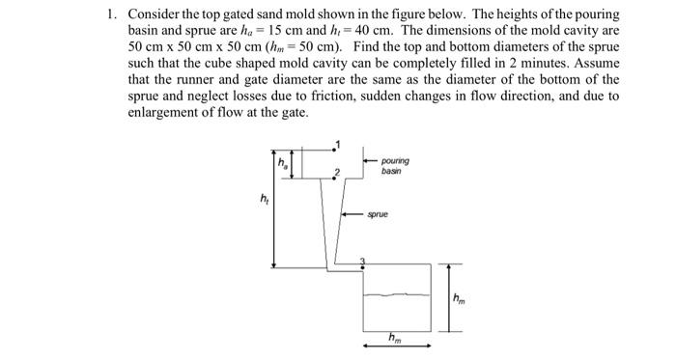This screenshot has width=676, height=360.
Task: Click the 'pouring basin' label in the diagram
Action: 394,165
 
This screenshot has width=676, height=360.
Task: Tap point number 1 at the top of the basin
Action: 338,144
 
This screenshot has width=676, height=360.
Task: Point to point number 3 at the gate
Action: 363,260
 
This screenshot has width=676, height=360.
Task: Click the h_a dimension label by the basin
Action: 283,163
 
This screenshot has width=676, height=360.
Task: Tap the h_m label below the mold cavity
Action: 394,337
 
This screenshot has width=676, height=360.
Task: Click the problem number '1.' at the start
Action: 112,16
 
